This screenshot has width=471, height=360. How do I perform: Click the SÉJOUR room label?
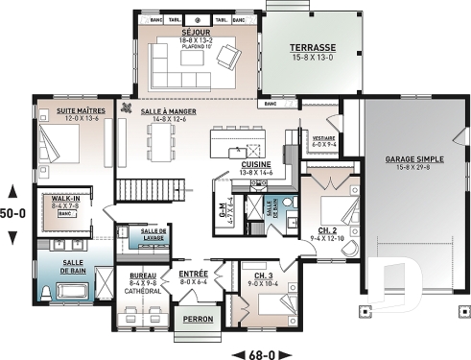pyautogui.click(x=196, y=31)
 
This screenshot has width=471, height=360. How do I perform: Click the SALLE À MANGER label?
pyautogui.click(x=168, y=111)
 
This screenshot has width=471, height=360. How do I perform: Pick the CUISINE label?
pyautogui.click(x=255, y=164)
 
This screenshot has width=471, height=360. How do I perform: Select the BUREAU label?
pyautogui.click(x=142, y=275)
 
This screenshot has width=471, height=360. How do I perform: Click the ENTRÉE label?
pyautogui.click(x=193, y=275)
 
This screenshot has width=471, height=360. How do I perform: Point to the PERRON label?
pyautogui.click(x=197, y=319)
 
